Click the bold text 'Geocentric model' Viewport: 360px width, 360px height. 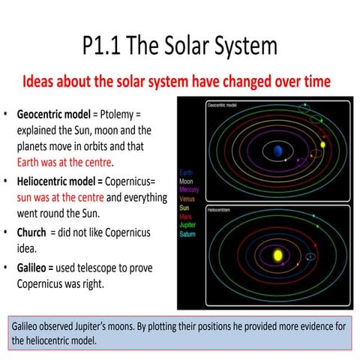[x=56, y=112]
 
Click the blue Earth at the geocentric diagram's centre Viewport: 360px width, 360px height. [x=278, y=151]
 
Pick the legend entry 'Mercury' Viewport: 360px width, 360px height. [x=188, y=190]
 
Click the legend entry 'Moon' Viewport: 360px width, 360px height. [x=186, y=181]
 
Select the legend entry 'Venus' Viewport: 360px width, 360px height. [x=187, y=199]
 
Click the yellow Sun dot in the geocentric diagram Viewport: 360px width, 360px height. [x=323, y=144]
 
